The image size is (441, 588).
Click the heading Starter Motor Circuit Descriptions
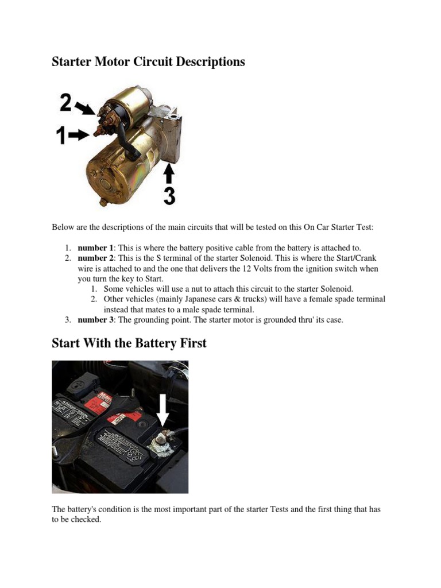[x=148, y=61]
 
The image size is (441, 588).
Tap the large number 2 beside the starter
[x=65, y=103]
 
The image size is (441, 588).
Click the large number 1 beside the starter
[x=60, y=136]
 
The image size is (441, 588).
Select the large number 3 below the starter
[x=169, y=195]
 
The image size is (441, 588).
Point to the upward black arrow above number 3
[x=169, y=174]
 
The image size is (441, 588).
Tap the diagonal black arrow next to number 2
[x=85, y=108]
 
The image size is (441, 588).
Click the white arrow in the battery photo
[x=164, y=410]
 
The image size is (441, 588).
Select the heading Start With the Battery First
[x=129, y=343]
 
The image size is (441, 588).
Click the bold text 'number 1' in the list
[x=92, y=247]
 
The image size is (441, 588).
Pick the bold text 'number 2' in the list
[x=92, y=258]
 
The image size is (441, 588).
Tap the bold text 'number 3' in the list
[x=92, y=320]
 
